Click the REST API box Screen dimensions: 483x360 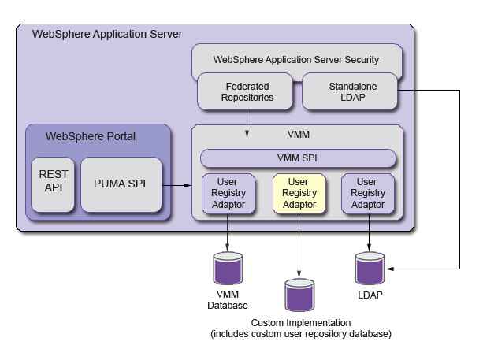tap(53, 184)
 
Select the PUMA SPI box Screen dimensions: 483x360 tap(121, 184)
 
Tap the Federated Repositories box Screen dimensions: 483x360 tap(245, 91)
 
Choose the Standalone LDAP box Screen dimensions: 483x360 tap(350, 91)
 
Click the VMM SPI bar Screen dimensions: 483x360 tap(298, 158)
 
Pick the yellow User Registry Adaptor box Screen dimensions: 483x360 tap(299, 194)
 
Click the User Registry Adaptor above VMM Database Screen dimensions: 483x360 tap(228, 194)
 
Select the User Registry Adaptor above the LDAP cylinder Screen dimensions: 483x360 tap(368, 194)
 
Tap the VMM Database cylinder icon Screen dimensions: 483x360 tap(228, 269)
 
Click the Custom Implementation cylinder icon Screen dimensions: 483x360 tap(299, 295)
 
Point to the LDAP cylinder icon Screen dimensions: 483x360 tap(370, 269)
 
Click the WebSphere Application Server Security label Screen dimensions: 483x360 tap(296, 59)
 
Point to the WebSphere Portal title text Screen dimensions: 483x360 tap(91, 136)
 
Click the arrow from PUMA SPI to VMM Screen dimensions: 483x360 tap(176, 185)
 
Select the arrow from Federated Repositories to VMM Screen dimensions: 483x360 tap(247, 124)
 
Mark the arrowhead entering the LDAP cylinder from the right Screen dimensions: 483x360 tap(390, 269)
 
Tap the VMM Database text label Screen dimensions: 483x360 tap(228, 300)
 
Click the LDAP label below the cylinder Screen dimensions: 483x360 tap(370, 295)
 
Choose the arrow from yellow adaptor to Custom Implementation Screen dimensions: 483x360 tap(299, 246)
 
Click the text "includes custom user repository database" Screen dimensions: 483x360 tap(301, 334)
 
